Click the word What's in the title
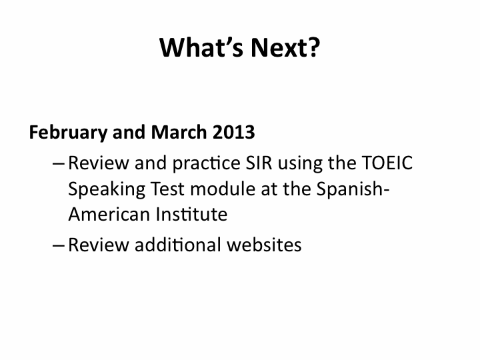201,47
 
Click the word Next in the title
278,47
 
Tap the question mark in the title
313,47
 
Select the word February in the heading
68,133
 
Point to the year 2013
233,132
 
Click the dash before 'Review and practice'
59,164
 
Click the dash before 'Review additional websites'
59,245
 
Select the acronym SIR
259,163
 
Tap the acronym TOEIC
387,163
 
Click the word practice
206,164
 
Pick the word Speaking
107,189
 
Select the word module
223,189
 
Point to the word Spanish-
353,189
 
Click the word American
109,214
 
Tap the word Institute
191,214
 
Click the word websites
264,245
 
